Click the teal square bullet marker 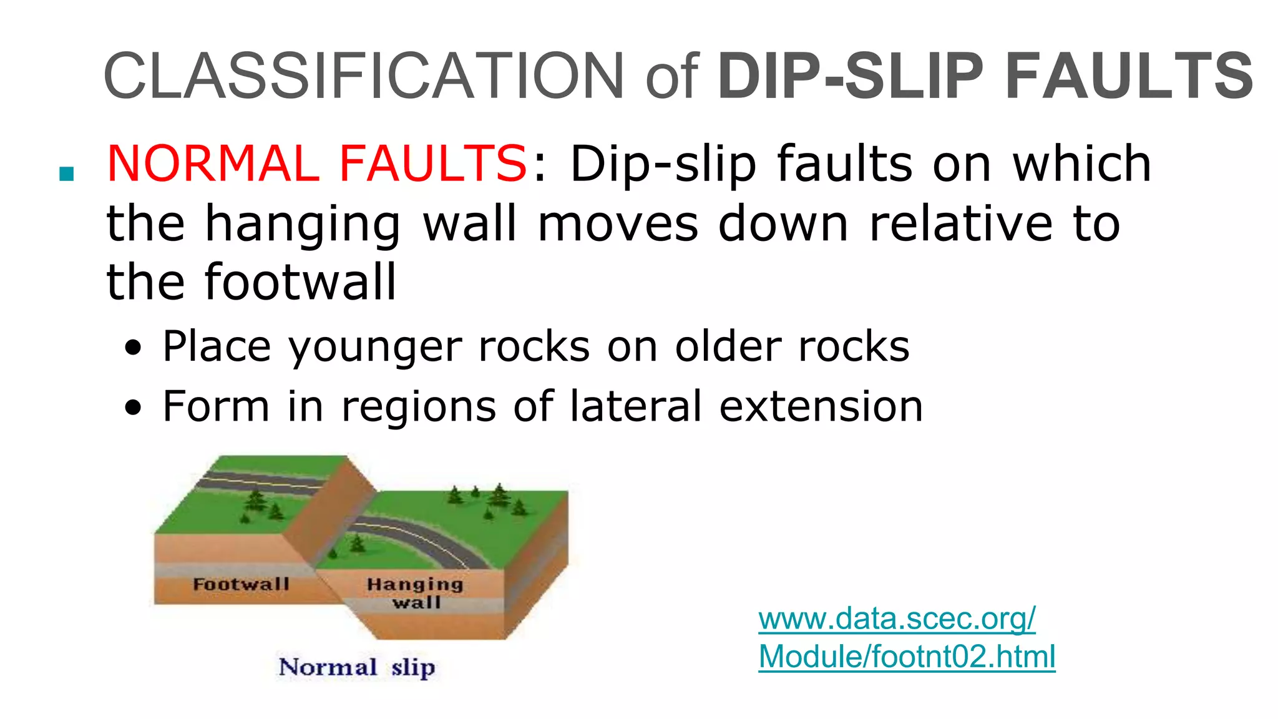pyautogui.click(x=66, y=174)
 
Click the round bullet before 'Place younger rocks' pyautogui.click(x=133, y=348)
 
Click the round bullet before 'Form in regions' pyautogui.click(x=133, y=408)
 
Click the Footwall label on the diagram pyautogui.click(x=241, y=584)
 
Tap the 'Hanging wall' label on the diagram pyautogui.click(x=416, y=593)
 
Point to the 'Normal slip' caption pyautogui.click(x=357, y=667)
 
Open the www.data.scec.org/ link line pyautogui.click(x=897, y=619)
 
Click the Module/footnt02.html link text pyautogui.click(x=907, y=657)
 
